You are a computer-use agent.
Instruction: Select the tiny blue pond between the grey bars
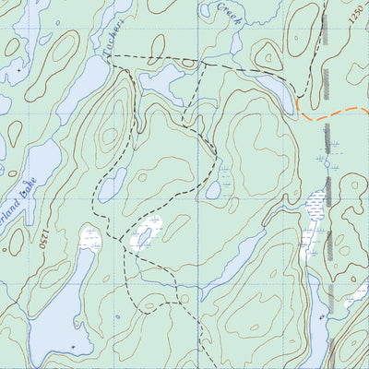click(327, 162)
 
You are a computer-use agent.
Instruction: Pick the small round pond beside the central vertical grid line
click(213, 190)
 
